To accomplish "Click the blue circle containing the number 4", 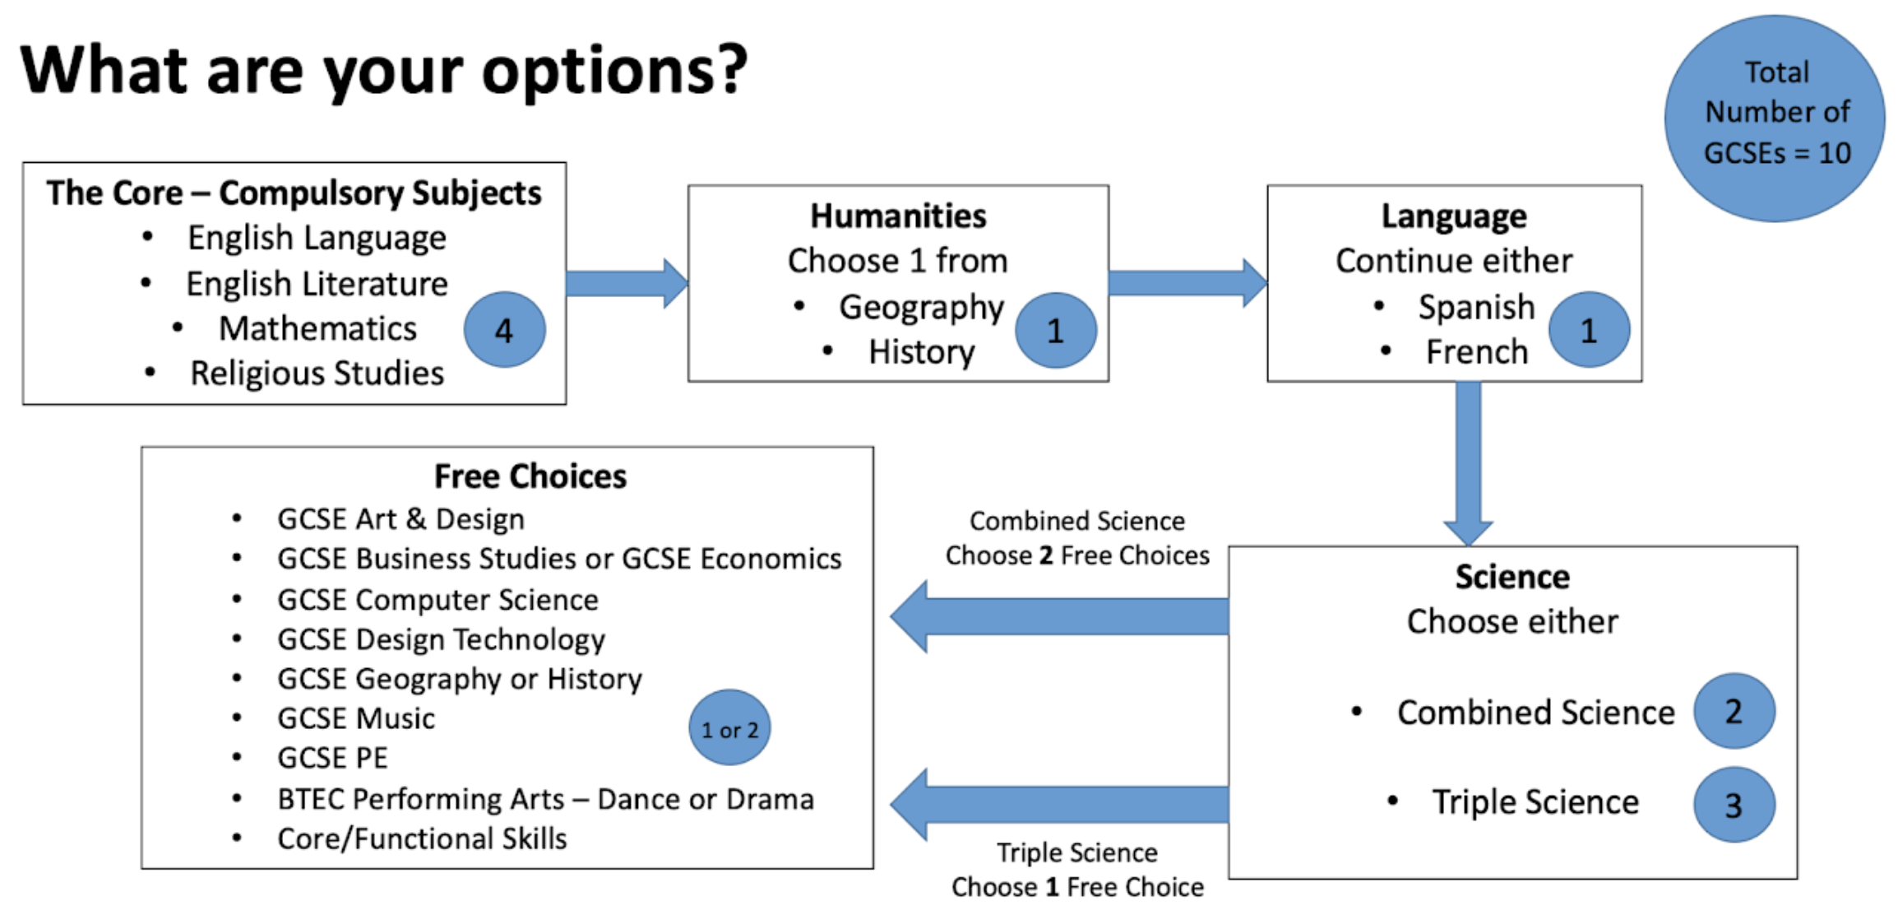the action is [x=504, y=330].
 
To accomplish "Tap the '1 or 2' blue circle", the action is [x=729, y=728].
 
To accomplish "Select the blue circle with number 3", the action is [x=1734, y=805].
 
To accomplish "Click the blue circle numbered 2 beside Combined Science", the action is [x=1734, y=711].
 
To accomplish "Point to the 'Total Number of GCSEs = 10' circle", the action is [x=1775, y=118].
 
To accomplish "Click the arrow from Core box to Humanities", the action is [x=627, y=284].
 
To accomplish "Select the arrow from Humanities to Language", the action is [x=1188, y=284].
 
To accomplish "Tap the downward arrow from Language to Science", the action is [x=1469, y=463].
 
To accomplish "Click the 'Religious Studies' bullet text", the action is [x=317, y=374].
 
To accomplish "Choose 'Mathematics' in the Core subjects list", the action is [x=317, y=328].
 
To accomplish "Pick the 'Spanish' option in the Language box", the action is [x=1476, y=308].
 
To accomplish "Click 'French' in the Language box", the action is [x=1477, y=352].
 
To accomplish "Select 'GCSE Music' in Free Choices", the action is [x=356, y=718].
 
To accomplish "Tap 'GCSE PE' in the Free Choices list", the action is [x=332, y=758].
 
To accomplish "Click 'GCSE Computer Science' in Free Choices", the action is [x=437, y=600].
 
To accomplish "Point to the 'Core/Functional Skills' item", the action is [x=422, y=838].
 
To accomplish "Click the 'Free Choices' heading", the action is [x=530, y=476].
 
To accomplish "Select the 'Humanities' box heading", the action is [x=898, y=216].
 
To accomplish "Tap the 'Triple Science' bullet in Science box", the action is [x=1535, y=802].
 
